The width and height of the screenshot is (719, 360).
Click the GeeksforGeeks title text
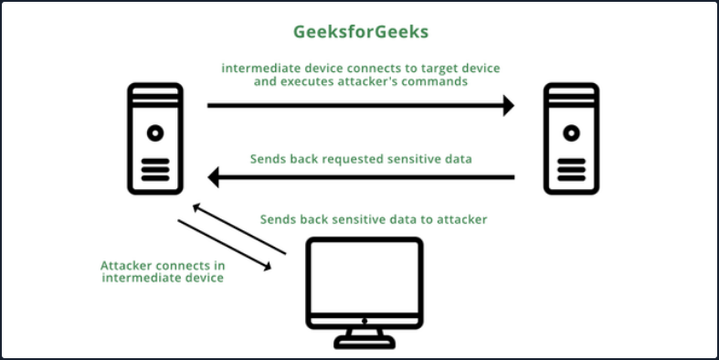point(359,32)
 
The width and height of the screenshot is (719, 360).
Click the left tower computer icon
point(157,139)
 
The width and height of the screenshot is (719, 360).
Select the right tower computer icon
point(571,139)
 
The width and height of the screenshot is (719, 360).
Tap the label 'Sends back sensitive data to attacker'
point(374,219)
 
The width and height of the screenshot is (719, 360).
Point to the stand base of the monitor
point(363,343)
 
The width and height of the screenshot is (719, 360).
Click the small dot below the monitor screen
point(363,321)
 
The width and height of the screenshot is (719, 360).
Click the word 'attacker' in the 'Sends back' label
point(461,219)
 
